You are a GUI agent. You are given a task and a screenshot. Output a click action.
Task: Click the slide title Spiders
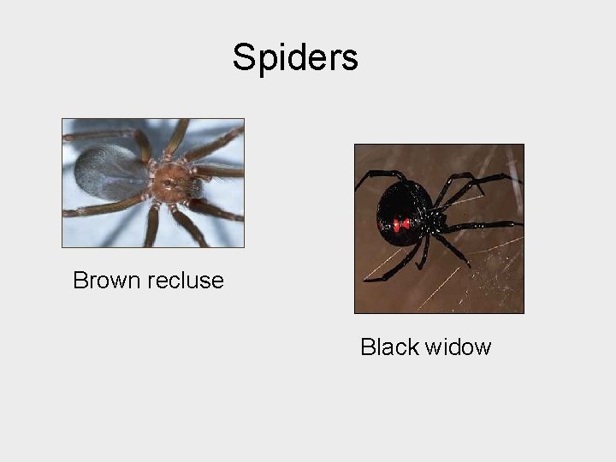tap(295, 58)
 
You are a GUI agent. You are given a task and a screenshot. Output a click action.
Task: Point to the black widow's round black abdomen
tap(402, 210)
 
